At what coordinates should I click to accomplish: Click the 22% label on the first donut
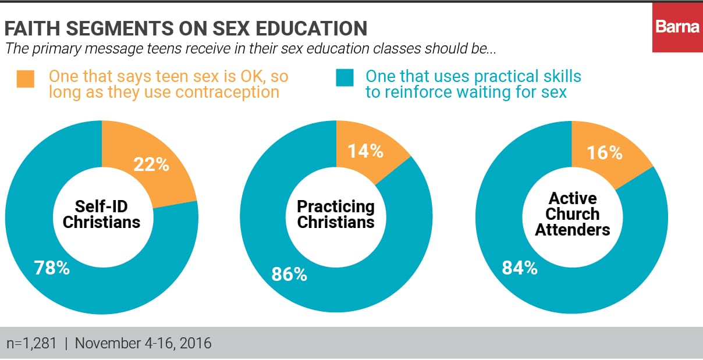tap(151, 165)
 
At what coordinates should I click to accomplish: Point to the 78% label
tap(52, 269)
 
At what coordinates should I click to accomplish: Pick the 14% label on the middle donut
tap(365, 151)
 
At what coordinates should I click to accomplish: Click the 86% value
tap(289, 274)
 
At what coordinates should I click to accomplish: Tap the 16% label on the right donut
tap(605, 152)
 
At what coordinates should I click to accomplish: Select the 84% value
tap(520, 268)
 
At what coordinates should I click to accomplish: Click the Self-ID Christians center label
tap(102, 213)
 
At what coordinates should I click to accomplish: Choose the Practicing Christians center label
tap(336, 213)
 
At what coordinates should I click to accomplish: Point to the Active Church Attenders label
tap(573, 213)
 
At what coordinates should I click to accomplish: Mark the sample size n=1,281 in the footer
tap(32, 343)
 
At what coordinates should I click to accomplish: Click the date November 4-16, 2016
tap(143, 343)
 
